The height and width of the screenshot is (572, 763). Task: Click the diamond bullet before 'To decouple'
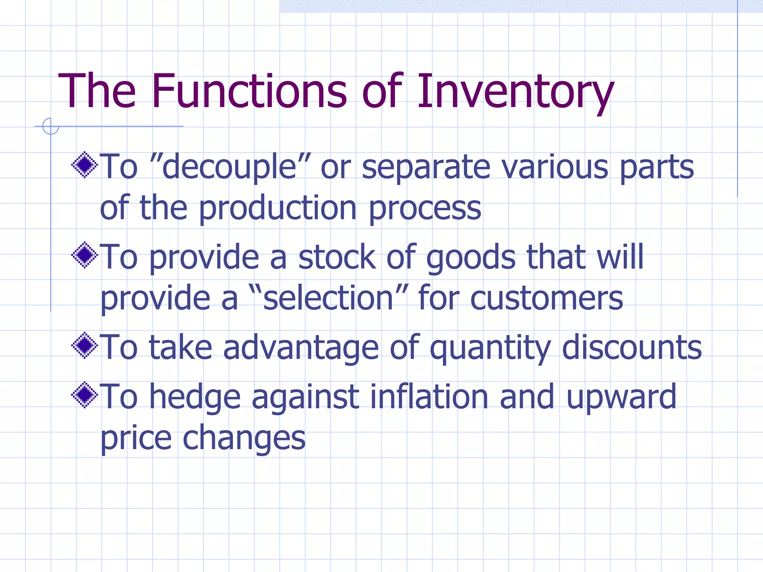pos(85,165)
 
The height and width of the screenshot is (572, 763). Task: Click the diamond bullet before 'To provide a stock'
pos(85,255)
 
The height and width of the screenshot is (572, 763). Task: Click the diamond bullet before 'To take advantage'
pos(85,345)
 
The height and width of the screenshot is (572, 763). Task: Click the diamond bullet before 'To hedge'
pos(85,395)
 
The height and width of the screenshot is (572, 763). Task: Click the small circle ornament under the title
pos(51,126)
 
